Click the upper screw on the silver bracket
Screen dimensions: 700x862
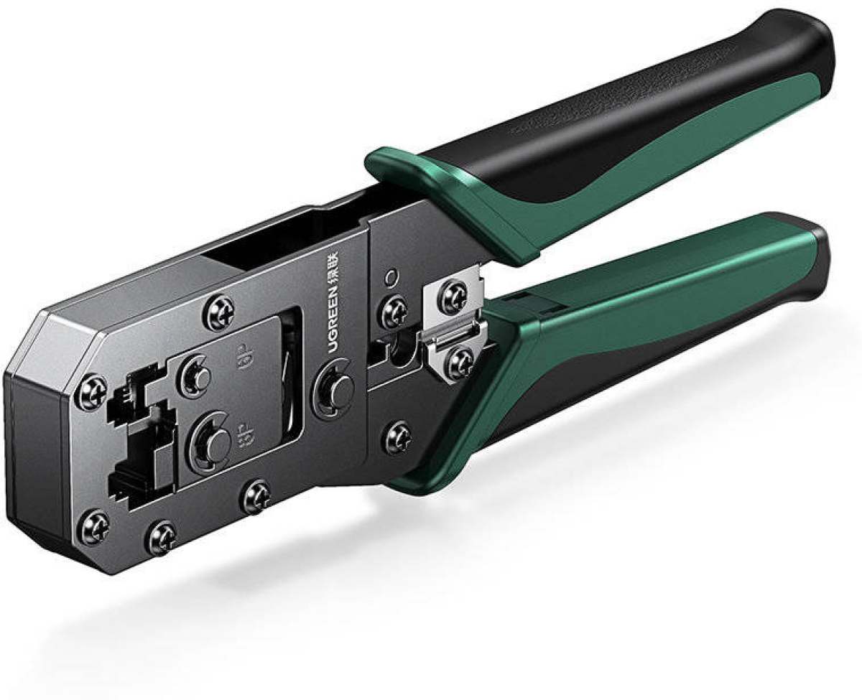coord(452,297)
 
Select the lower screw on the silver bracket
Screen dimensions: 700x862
coord(459,363)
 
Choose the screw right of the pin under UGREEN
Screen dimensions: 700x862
coord(397,438)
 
